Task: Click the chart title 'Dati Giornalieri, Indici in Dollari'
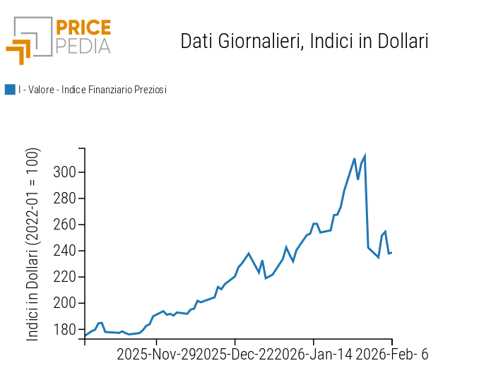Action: point(304,41)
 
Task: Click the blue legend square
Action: point(10,90)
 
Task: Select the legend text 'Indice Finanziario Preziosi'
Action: point(113,90)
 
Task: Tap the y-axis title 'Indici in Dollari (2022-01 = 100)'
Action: point(33,244)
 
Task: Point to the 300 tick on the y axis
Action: point(64,172)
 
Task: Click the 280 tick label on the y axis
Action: point(64,198)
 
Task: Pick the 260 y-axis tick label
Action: point(64,225)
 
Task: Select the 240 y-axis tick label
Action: point(64,251)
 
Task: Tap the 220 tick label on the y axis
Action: point(64,277)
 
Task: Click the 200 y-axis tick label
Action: point(64,303)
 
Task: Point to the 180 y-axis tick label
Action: point(64,329)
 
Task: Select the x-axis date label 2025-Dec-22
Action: point(235,355)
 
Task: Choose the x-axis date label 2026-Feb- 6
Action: point(392,355)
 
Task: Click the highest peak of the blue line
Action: point(365,155)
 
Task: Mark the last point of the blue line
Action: point(391,253)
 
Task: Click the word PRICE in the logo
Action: point(83,28)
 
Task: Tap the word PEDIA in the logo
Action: point(83,46)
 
